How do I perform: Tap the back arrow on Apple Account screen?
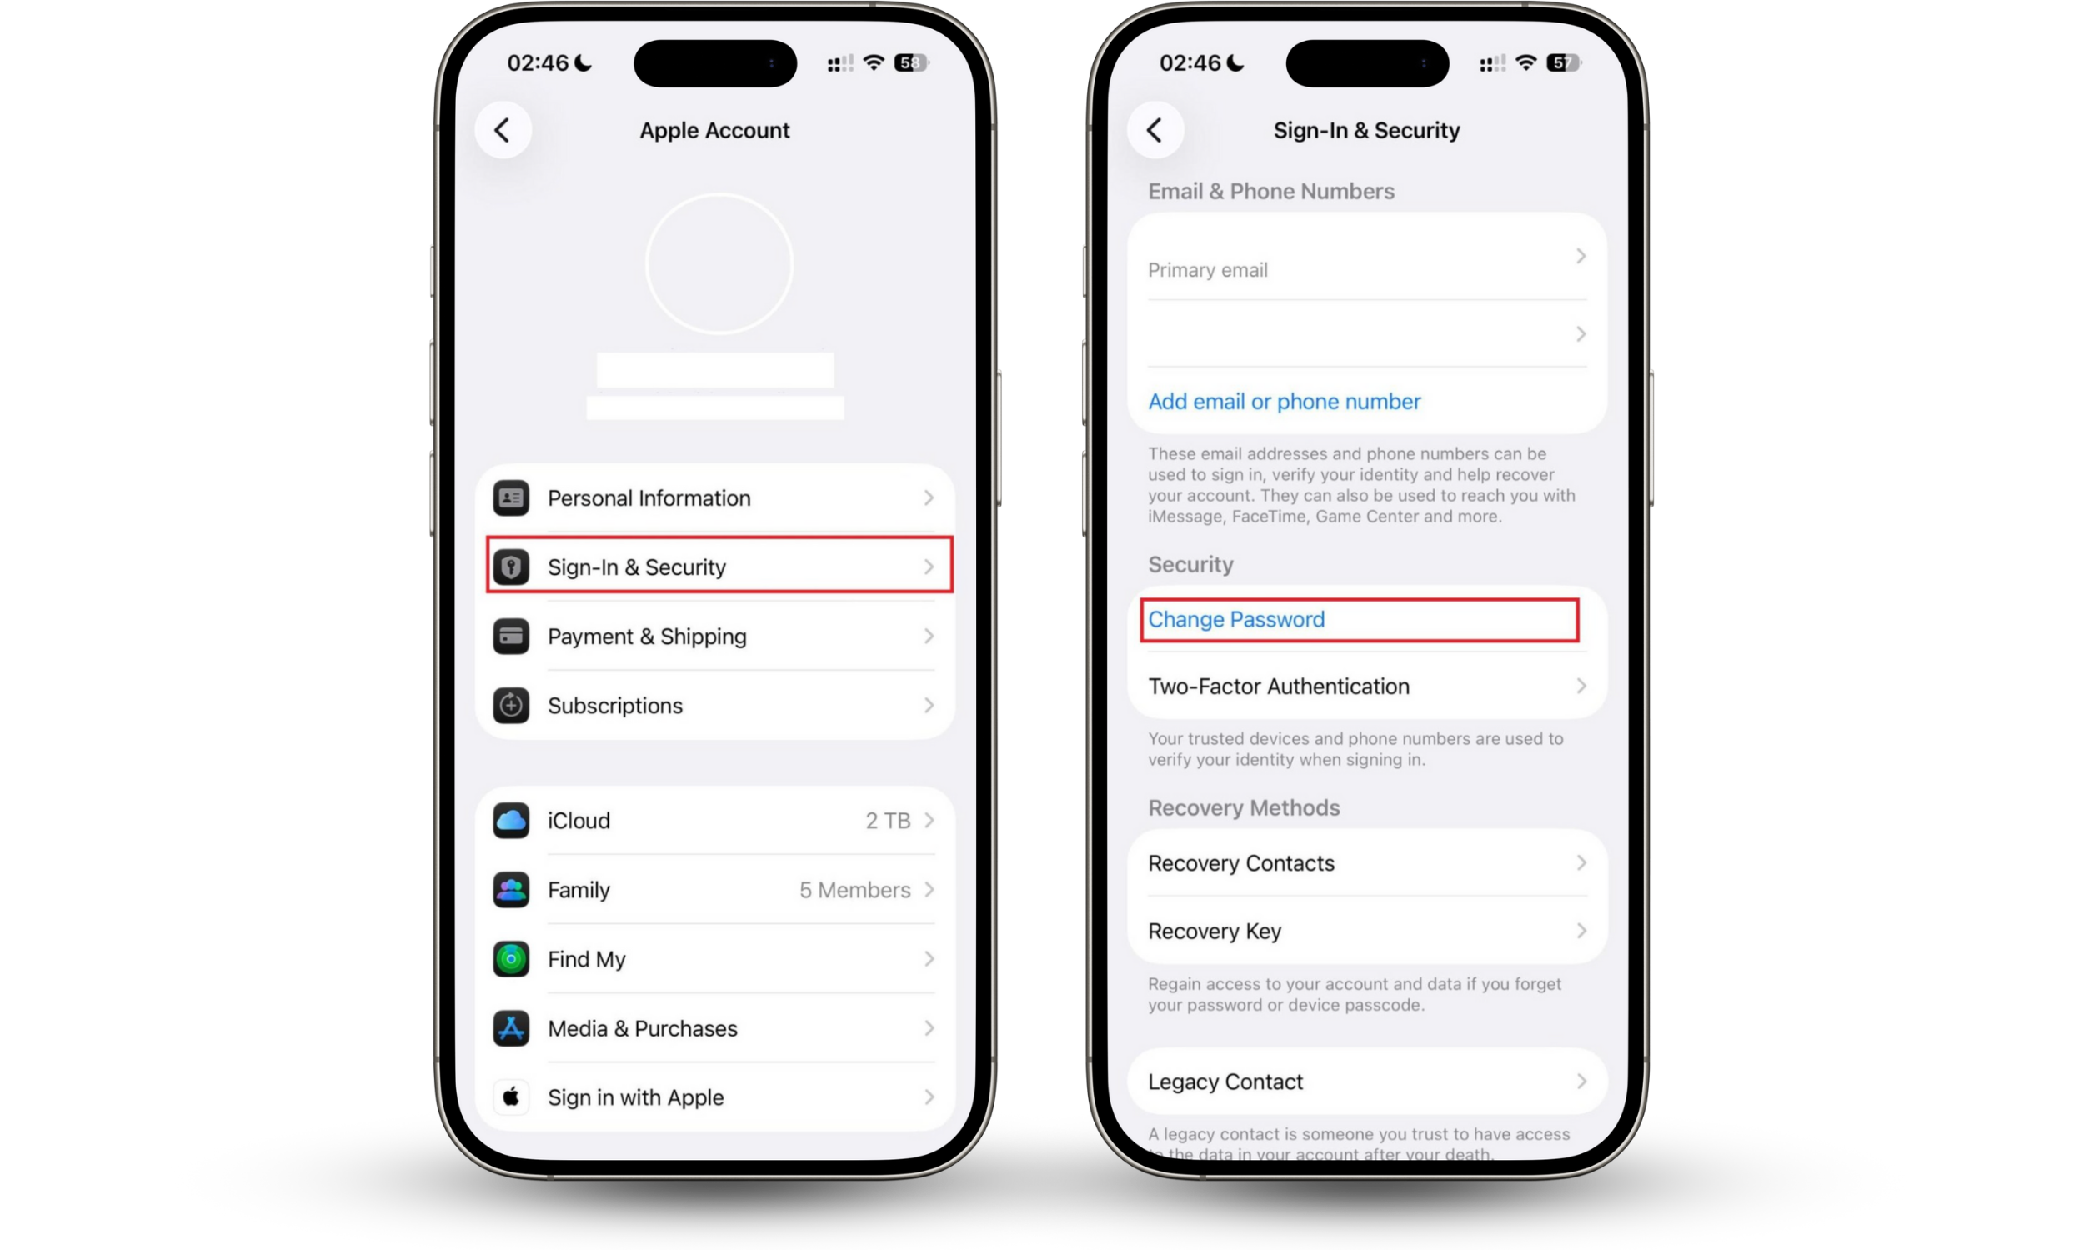point(503,131)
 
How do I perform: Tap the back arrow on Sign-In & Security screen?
point(1155,131)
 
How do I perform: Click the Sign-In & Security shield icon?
point(511,567)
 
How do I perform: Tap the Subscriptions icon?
point(511,706)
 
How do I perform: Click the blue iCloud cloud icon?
point(511,821)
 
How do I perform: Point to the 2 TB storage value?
point(888,821)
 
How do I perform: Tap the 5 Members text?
point(854,890)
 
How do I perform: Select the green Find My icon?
point(511,959)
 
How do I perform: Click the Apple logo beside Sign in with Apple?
point(511,1097)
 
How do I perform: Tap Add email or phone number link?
point(1284,402)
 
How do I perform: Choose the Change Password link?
point(1235,620)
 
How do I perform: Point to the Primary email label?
point(1207,270)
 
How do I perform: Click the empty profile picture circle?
point(719,264)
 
